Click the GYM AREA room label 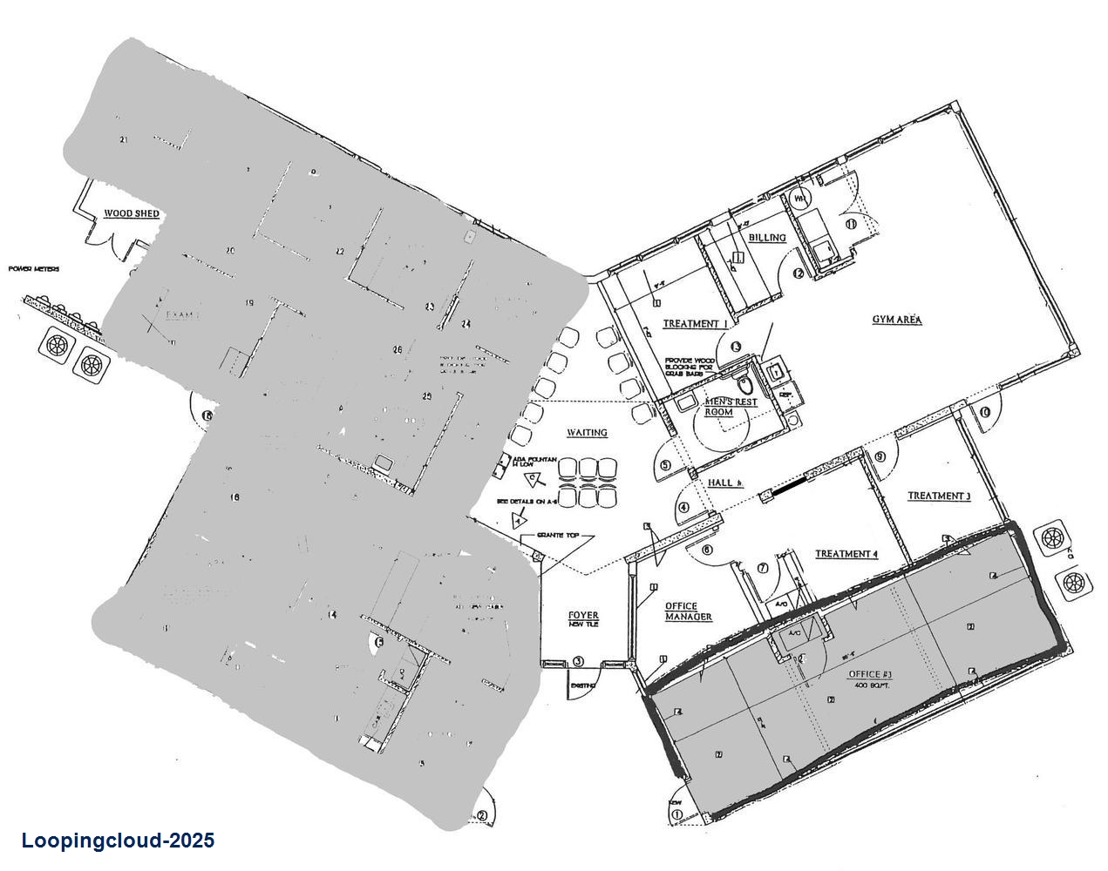(897, 320)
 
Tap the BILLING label (767, 237)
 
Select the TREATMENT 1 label (695, 324)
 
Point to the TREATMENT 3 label (939, 496)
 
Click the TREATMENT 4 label (846, 554)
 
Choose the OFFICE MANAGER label (689, 611)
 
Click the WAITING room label (587, 433)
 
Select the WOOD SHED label (131, 213)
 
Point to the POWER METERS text (34, 269)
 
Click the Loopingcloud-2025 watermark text (118, 841)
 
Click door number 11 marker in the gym (851, 224)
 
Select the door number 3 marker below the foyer (578, 662)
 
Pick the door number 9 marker (880, 456)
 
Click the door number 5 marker (666, 465)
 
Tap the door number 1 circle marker (676, 816)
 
